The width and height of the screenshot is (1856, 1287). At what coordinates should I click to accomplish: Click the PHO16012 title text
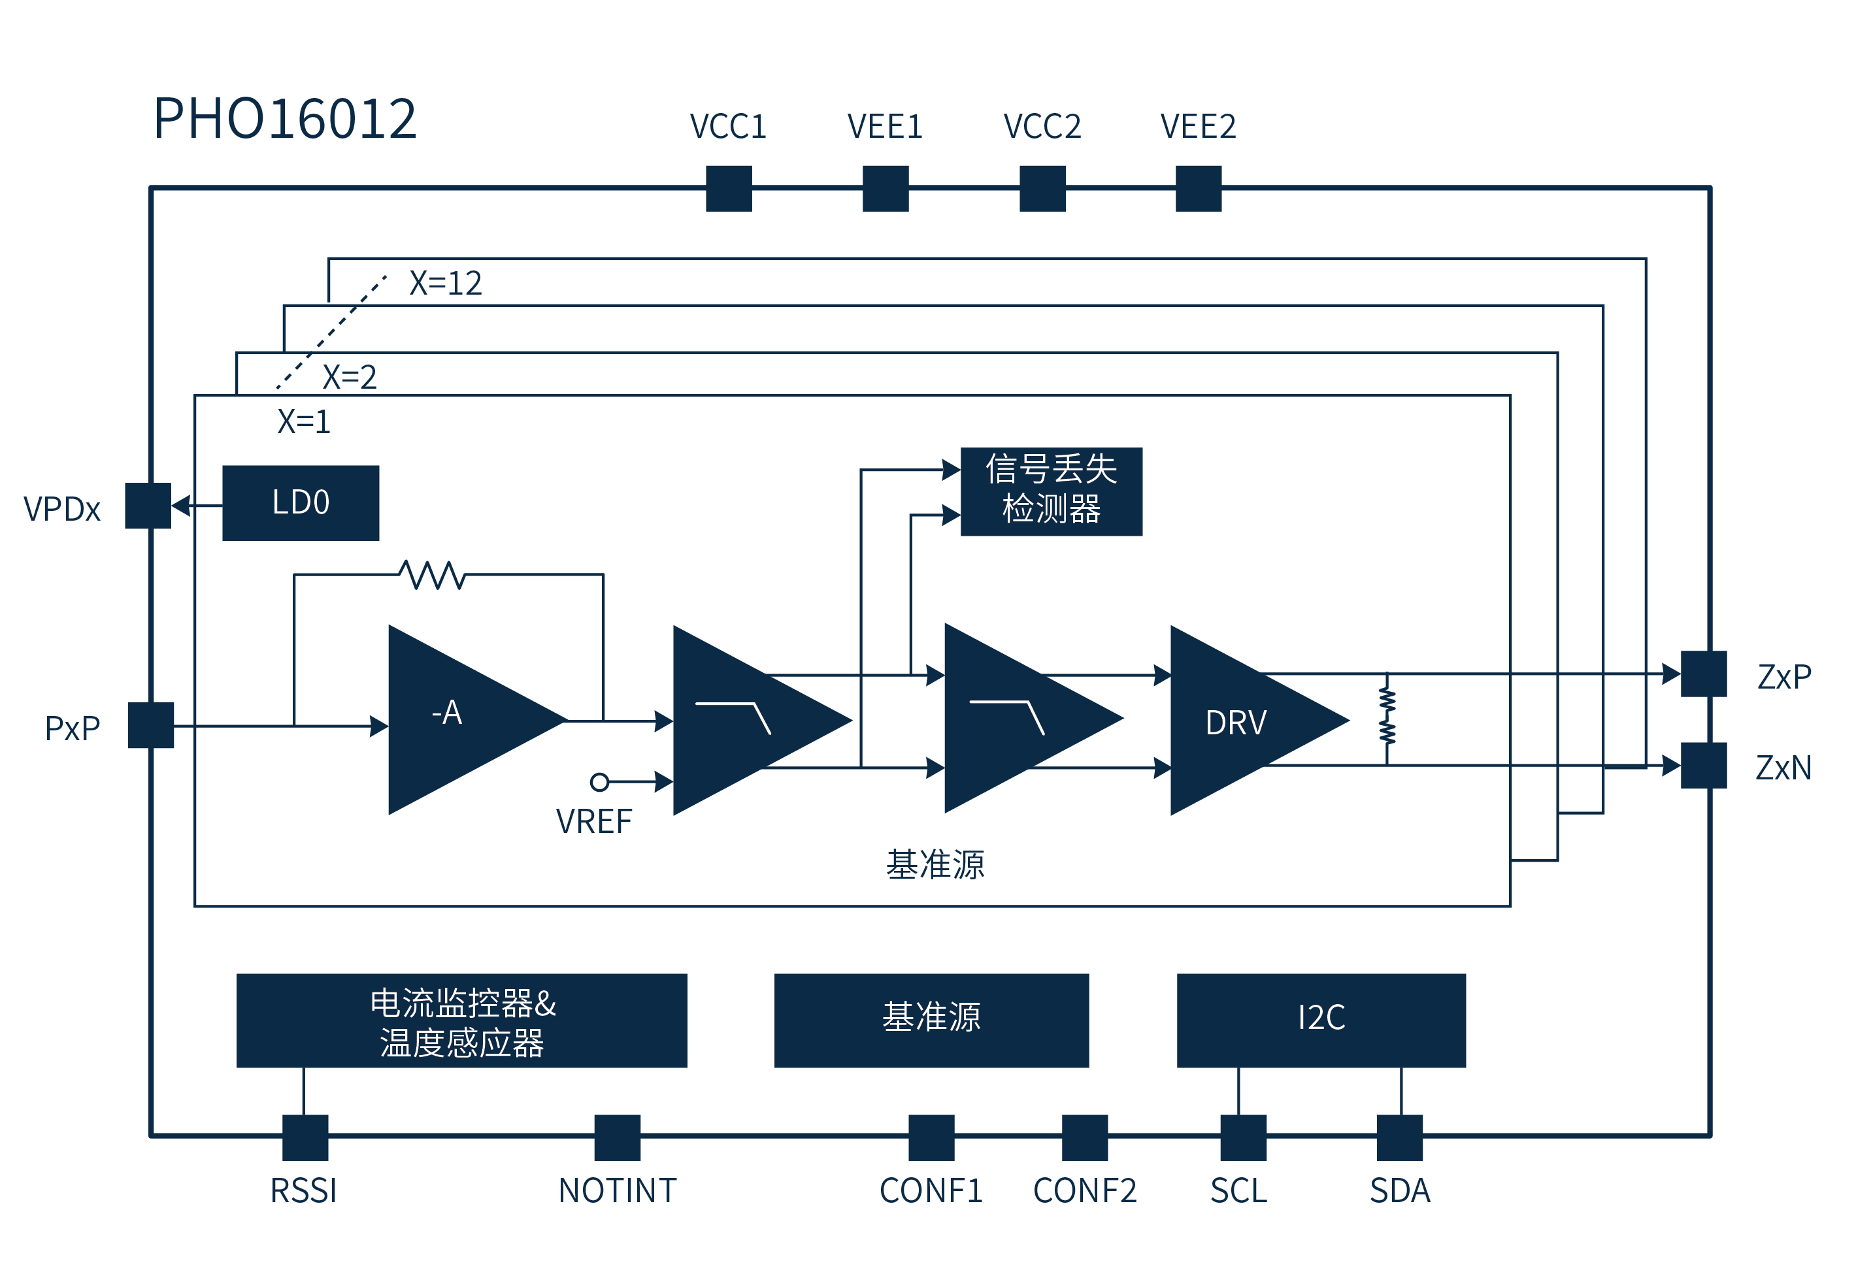(x=285, y=118)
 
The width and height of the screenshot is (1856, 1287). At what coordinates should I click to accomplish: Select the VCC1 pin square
(x=729, y=188)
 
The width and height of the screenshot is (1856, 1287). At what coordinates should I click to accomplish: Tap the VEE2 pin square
(x=1198, y=188)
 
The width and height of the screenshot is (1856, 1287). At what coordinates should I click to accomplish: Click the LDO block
(x=300, y=502)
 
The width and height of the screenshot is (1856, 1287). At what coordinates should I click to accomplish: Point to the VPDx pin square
(x=148, y=506)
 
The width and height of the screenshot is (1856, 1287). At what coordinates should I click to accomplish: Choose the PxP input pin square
(x=151, y=725)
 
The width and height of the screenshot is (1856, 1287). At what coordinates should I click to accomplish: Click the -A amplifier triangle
(x=460, y=718)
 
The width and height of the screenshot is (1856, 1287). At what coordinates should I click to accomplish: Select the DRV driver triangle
(x=1242, y=720)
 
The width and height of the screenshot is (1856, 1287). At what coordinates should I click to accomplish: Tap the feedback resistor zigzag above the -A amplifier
(x=433, y=575)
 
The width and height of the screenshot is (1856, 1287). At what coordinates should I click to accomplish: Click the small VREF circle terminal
(x=599, y=781)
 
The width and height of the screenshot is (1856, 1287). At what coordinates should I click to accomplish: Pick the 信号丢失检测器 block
(x=1051, y=491)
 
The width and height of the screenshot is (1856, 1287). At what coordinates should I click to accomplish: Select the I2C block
(x=1320, y=1019)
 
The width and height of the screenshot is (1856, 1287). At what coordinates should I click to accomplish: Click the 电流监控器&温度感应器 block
(x=461, y=1020)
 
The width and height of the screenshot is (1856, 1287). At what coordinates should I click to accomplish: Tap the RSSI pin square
(x=305, y=1137)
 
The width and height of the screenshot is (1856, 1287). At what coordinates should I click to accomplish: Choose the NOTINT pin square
(x=617, y=1137)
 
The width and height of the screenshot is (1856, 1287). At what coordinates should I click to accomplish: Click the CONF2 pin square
(x=1084, y=1137)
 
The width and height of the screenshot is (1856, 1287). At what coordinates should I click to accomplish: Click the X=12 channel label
(x=445, y=283)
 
